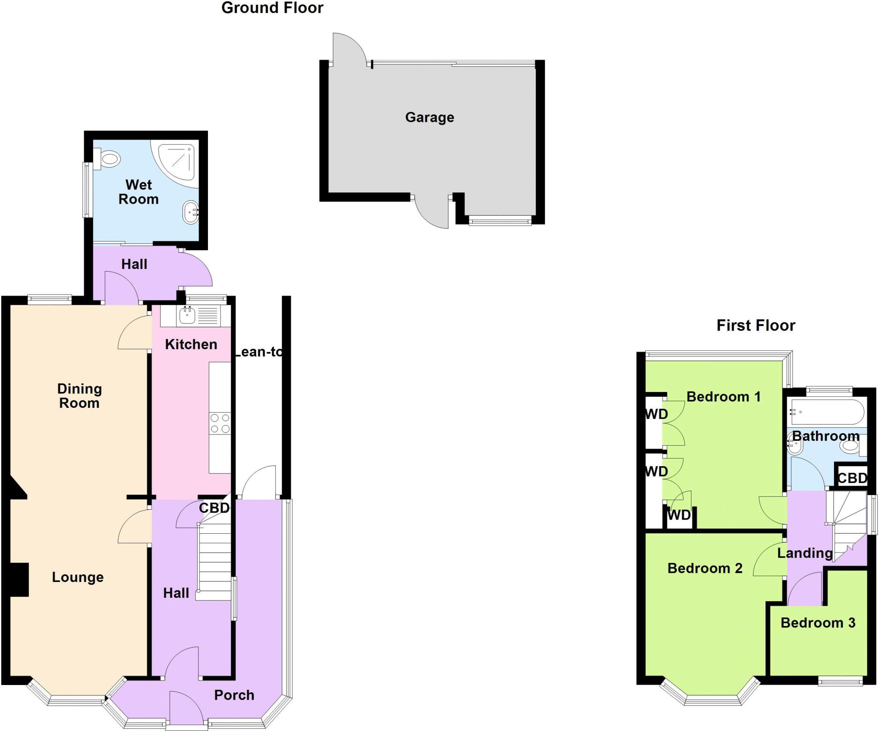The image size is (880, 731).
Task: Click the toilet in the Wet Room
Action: pyautogui.click(x=108, y=159)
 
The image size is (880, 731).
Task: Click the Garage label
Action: pyautogui.click(x=429, y=117)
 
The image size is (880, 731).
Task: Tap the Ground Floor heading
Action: pyautogui.click(x=272, y=8)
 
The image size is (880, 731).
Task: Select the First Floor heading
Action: pyautogui.click(x=755, y=325)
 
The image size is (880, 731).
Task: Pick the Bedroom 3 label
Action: pyautogui.click(x=818, y=623)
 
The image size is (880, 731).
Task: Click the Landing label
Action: pyautogui.click(x=805, y=553)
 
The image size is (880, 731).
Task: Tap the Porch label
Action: pyautogui.click(x=234, y=695)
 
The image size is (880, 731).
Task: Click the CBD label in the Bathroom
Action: pyautogui.click(x=852, y=478)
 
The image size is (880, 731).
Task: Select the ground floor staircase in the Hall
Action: pyautogui.click(x=214, y=559)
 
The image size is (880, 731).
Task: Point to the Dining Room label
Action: pyautogui.click(x=79, y=396)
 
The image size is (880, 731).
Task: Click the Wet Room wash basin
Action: pyautogui.click(x=191, y=213)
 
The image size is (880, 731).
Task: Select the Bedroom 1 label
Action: pyautogui.click(x=723, y=397)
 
